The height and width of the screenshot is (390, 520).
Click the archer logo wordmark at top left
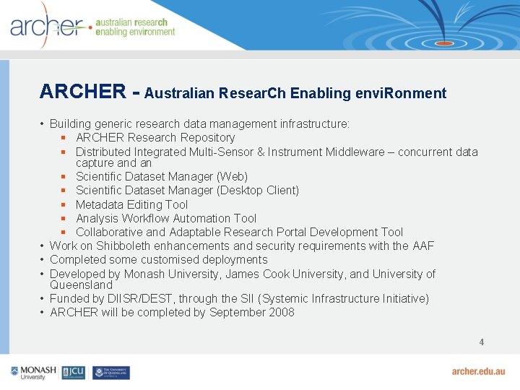(x=47, y=27)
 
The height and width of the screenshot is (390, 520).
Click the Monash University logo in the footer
(x=33, y=372)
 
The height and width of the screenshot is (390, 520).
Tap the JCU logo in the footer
(x=74, y=372)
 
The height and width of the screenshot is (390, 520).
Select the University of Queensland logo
(x=110, y=372)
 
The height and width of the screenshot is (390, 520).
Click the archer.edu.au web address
(x=478, y=371)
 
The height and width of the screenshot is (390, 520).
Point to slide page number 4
(x=481, y=342)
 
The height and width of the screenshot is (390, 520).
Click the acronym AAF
(x=423, y=246)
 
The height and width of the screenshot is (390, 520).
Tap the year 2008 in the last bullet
(x=281, y=312)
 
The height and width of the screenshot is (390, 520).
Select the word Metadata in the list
(x=99, y=204)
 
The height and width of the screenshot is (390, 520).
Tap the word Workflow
(x=145, y=218)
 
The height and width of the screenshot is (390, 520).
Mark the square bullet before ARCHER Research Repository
(x=64, y=137)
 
